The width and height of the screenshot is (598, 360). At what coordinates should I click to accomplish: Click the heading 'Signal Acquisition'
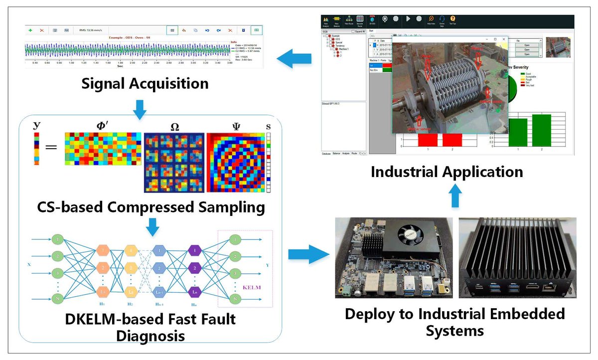click(x=145, y=83)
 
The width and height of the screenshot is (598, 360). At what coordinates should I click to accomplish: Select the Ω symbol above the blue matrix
click(x=174, y=127)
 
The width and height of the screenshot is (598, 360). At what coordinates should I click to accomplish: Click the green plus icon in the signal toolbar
click(x=30, y=30)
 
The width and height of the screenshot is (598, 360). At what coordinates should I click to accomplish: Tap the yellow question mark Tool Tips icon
click(x=452, y=19)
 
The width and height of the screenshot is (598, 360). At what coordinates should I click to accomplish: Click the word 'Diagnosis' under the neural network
click(x=150, y=335)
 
